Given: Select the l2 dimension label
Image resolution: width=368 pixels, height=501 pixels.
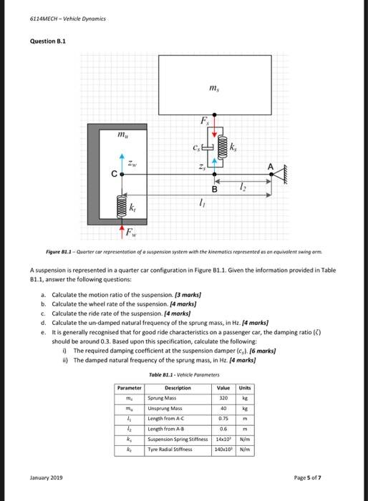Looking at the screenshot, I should [x=241, y=188].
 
